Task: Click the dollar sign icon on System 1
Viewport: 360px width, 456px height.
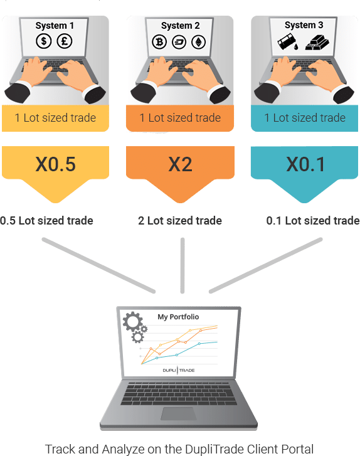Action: [x=44, y=41]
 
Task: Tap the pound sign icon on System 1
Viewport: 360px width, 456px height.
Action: [x=65, y=41]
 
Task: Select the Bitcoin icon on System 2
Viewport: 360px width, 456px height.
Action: [x=159, y=42]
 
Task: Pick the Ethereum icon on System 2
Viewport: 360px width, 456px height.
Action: [x=199, y=42]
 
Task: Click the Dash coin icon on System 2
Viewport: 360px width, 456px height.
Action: [x=179, y=42]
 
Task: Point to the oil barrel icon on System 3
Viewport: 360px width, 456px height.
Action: [x=288, y=41]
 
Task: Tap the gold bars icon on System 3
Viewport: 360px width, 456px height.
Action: [x=317, y=42]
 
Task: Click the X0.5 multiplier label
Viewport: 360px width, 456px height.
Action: [x=55, y=164]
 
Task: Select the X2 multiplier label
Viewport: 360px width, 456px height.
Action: [x=180, y=164]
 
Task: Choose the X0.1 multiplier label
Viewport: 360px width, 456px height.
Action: [x=305, y=164]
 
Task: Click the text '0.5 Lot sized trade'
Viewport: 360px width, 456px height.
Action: [x=46, y=221]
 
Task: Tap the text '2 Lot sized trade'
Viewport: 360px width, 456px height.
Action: [x=180, y=221]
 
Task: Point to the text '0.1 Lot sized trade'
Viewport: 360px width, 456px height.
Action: [x=313, y=221]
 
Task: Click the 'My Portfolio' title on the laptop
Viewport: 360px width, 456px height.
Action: [x=178, y=317]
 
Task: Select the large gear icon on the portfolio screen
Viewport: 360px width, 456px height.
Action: [x=132, y=321]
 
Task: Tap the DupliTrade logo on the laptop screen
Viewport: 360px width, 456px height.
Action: [x=179, y=370]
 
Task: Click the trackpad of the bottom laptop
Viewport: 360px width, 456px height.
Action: [x=179, y=413]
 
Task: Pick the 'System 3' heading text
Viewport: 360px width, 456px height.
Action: [x=304, y=25]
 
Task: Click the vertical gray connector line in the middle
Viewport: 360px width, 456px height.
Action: [x=183, y=265]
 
